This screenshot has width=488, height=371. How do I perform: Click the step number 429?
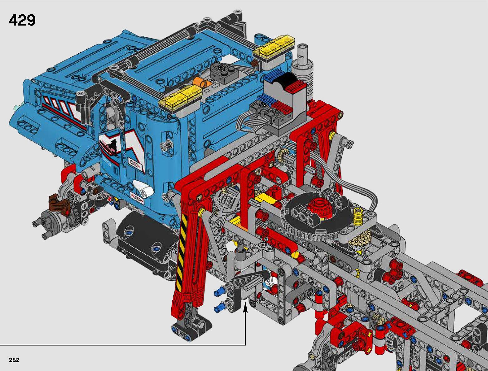pos(22,21)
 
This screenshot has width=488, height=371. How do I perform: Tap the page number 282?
pos(14,360)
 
